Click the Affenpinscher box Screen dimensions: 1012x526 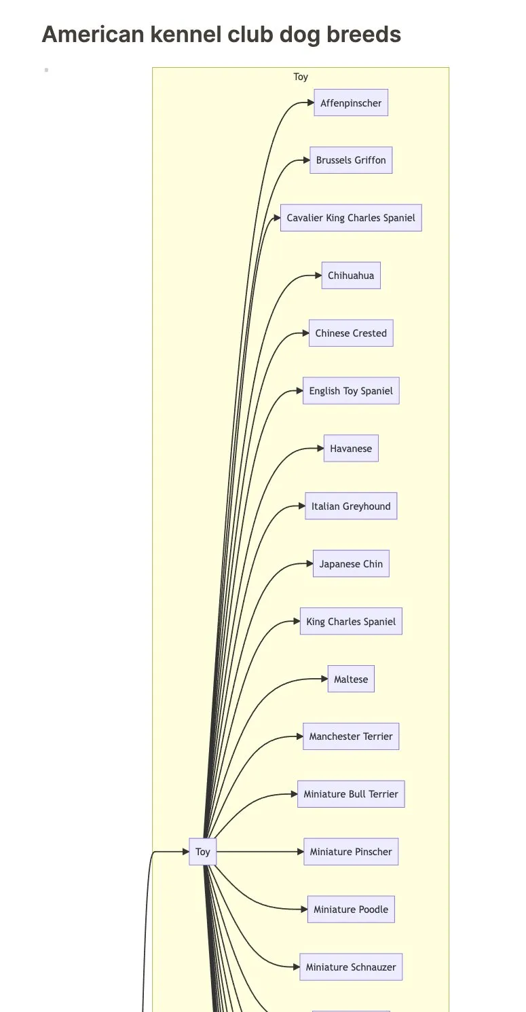(x=351, y=103)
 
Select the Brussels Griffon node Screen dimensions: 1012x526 (x=351, y=160)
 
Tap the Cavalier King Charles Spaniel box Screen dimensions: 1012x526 (x=351, y=218)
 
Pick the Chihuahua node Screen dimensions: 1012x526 (x=351, y=276)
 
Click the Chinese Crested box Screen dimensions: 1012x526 (x=351, y=333)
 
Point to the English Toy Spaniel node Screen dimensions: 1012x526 (x=351, y=391)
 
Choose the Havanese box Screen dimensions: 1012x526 (x=351, y=449)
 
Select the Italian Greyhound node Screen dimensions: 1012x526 (x=351, y=506)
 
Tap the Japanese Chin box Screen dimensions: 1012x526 (x=351, y=564)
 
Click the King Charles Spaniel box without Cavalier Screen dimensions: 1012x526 (x=351, y=622)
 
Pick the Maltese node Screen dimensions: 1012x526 (x=351, y=679)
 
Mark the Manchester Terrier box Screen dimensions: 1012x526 (x=351, y=736)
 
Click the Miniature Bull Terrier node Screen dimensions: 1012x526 (x=351, y=794)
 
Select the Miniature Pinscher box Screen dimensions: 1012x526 (x=351, y=852)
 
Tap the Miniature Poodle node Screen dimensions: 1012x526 (x=351, y=910)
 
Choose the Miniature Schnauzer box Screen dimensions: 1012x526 (x=351, y=967)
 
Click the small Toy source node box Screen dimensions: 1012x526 (x=203, y=852)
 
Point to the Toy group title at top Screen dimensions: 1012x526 (x=301, y=77)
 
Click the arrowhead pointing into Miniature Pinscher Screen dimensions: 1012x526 (x=300, y=852)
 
